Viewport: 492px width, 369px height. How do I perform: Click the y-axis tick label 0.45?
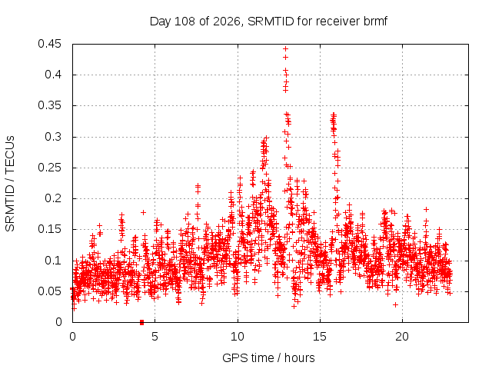pos(49,44)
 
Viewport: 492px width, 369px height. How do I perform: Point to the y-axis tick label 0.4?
pos(53,75)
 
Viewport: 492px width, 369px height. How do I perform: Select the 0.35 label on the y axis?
pos(49,106)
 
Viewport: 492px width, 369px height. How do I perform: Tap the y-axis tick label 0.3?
pos(53,137)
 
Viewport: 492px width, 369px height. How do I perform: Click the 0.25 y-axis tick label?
pos(49,168)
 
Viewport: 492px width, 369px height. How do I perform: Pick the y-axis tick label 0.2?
pos(53,198)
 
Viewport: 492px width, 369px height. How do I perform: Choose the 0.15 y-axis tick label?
pos(49,229)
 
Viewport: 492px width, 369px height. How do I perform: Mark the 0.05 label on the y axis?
pos(49,291)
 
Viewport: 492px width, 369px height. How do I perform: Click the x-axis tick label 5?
pos(155,337)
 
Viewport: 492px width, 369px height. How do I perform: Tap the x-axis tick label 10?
pos(238,337)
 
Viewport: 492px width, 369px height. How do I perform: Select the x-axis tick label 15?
pos(320,337)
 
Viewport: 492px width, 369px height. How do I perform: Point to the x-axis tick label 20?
pos(402,337)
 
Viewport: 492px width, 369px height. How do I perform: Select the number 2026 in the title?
pos(226,22)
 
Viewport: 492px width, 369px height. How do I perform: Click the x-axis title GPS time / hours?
pos(268,357)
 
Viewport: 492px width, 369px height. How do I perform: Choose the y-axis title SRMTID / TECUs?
pos(10,184)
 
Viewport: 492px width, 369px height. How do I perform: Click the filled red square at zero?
pos(141,322)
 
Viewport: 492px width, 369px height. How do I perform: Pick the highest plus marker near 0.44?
pos(285,49)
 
